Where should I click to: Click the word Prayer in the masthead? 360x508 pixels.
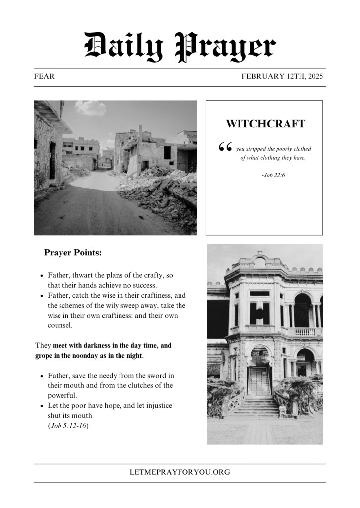(x=226, y=47)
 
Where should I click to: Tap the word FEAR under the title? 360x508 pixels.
(x=44, y=77)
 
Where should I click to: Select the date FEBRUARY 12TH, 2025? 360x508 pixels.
(x=282, y=77)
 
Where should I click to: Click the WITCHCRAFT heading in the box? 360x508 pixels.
(x=265, y=124)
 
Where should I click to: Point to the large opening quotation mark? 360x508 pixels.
(x=225, y=147)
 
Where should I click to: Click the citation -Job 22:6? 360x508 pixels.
(x=273, y=175)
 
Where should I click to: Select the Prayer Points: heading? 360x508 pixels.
(x=73, y=253)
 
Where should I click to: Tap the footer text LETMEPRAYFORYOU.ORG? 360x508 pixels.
(x=180, y=472)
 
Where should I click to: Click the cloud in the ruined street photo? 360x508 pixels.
(x=91, y=108)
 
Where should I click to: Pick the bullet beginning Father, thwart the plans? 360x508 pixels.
(x=109, y=280)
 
